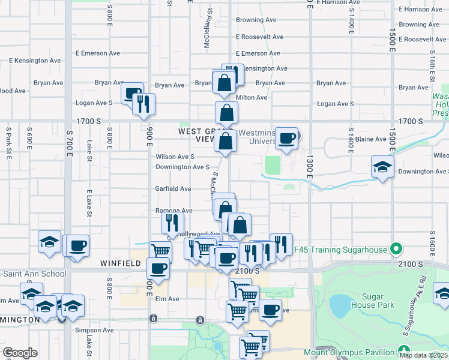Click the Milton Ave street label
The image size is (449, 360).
click(x=252, y=97)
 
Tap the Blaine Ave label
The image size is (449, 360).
click(x=371, y=139)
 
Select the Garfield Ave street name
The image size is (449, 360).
click(x=173, y=188)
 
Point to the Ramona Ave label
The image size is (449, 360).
click(x=174, y=211)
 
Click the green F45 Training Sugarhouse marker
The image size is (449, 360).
click(x=396, y=248)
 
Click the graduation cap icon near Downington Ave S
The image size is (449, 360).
click(x=382, y=166)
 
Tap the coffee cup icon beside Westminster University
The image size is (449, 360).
click(x=287, y=138)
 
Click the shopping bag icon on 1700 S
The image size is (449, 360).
click(x=227, y=112)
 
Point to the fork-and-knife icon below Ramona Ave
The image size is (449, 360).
click(x=172, y=223)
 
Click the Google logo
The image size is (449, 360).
click(x=20, y=353)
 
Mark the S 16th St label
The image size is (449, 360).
click(x=431, y=70)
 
